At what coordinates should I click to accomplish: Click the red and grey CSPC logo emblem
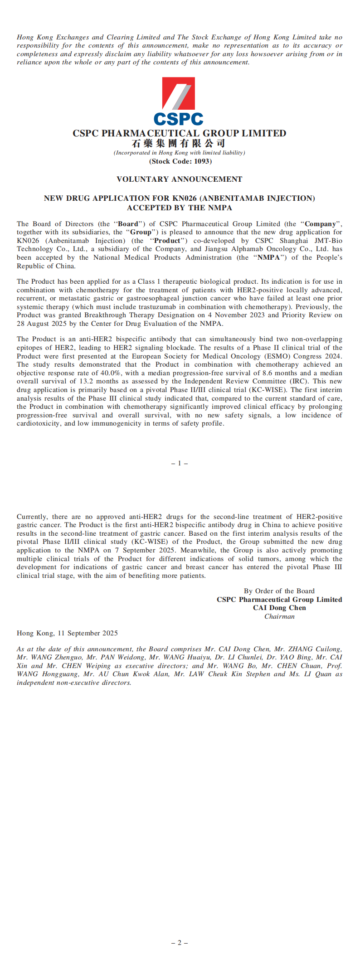(179, 93)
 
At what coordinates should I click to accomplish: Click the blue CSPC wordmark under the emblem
(179, 119)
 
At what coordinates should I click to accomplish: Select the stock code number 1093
(202, 161)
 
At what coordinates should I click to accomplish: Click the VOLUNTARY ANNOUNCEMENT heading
(180, 179)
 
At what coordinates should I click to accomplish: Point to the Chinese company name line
(179, 144)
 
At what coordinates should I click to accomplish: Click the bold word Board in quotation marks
(127, 224)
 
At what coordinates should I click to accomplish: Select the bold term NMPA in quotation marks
(269, 257)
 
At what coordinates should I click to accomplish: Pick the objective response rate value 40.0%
(113, 373)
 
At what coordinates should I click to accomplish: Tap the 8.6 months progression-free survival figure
(280, 373)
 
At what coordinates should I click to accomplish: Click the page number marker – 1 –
(180, 463)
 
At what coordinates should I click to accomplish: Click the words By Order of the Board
(279, 591)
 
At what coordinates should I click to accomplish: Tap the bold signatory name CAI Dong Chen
(279, 608)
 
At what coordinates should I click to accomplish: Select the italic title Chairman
(279, 616)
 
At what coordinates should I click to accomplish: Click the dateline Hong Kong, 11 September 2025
(67, 633)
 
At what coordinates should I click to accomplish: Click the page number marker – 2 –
(180, 943)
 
